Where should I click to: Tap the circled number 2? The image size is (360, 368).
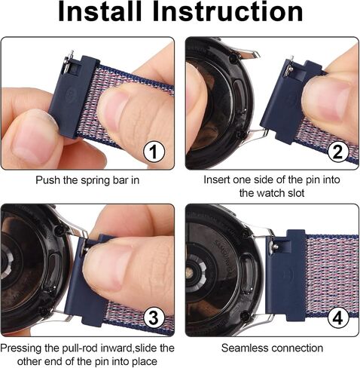click(337, 151)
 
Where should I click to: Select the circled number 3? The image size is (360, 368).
click(154, 317)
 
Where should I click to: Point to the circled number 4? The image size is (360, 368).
click(338, 317)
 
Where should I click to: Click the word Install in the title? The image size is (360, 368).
click(100, 11)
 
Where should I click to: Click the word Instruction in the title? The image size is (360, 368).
click(227, 11)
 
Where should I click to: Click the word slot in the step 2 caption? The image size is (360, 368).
click(296, 193)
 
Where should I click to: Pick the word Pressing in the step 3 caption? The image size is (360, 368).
click(21, 348)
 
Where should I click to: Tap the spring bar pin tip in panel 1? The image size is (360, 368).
click(72, 52)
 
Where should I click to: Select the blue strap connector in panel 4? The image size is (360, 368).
click(285, 276)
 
